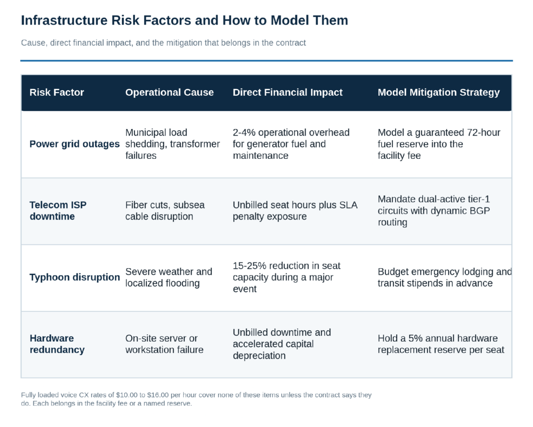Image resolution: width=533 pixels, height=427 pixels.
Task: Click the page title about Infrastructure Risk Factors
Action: [x=185, y=20]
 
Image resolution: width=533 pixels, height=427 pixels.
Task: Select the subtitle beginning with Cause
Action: [x=163, y=43]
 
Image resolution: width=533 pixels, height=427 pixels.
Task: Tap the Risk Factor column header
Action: [x=57, y=93]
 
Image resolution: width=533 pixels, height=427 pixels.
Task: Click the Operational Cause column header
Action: [x=170, y=93]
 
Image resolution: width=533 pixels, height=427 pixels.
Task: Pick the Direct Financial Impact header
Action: [x=287, y=93]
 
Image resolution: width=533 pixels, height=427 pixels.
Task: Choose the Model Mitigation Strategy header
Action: [x=439, y=93]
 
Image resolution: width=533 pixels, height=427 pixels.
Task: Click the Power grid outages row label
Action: [x=74, y=144]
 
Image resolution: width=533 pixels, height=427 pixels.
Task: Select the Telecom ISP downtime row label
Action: [x=58, y=211]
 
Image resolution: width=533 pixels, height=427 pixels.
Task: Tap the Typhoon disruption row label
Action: [x=75, y=278]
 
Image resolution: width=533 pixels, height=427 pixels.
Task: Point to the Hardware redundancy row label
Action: [x=57, y=344]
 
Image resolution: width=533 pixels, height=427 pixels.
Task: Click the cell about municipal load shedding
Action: [x=173, y=144]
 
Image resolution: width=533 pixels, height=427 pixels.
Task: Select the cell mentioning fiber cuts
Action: [x=165, y=211]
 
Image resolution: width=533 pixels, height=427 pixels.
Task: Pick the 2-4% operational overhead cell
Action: [x=291, y=144]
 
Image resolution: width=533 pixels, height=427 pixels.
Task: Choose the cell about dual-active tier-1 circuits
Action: [x=434, y=211]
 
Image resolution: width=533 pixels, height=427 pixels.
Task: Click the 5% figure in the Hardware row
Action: [x=415, y=338]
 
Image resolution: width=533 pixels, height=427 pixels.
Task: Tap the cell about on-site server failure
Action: [x=164, y=344]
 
